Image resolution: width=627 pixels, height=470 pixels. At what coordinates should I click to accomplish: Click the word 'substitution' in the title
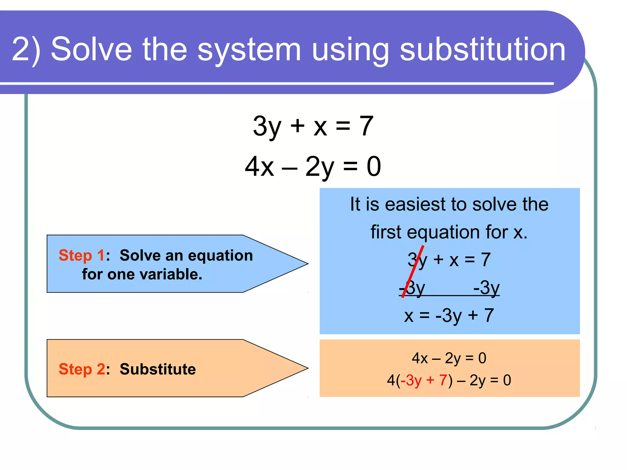pyautogui.click(x=482, y=49)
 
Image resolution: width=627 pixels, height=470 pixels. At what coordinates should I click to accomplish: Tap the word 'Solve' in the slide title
pyautogui.click(x=91, y=49)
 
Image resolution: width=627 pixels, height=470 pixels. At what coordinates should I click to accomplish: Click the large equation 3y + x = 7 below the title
pyautogui.click(x=313, y=126)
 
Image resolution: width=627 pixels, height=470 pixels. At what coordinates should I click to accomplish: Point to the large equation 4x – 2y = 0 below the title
pyautogui.click(x=313, y=167)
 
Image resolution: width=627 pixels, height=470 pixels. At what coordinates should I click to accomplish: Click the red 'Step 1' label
pyautogui.click(x=81, y=255)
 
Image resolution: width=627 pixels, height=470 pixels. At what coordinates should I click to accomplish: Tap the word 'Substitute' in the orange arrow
pyautogui.click(x=158, y=369)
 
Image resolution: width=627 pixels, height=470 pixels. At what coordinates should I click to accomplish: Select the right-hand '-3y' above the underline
pyautogui.click(x=486, y=288)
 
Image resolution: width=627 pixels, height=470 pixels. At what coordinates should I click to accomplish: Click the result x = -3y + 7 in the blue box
pyautogui.click(x=449, y=316)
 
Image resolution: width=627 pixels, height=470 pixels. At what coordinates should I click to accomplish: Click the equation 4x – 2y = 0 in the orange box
pyautogui.click(x=449, y=358)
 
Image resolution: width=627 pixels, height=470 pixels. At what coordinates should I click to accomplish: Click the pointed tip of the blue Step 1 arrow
pyautogui.click(x=307, y=264)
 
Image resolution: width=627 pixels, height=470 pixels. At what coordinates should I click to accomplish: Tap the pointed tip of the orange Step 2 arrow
pyautogui.click(x=307, y=368)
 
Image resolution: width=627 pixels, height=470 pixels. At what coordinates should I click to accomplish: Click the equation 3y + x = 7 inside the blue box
pyautogui.click(x=449, y=260)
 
